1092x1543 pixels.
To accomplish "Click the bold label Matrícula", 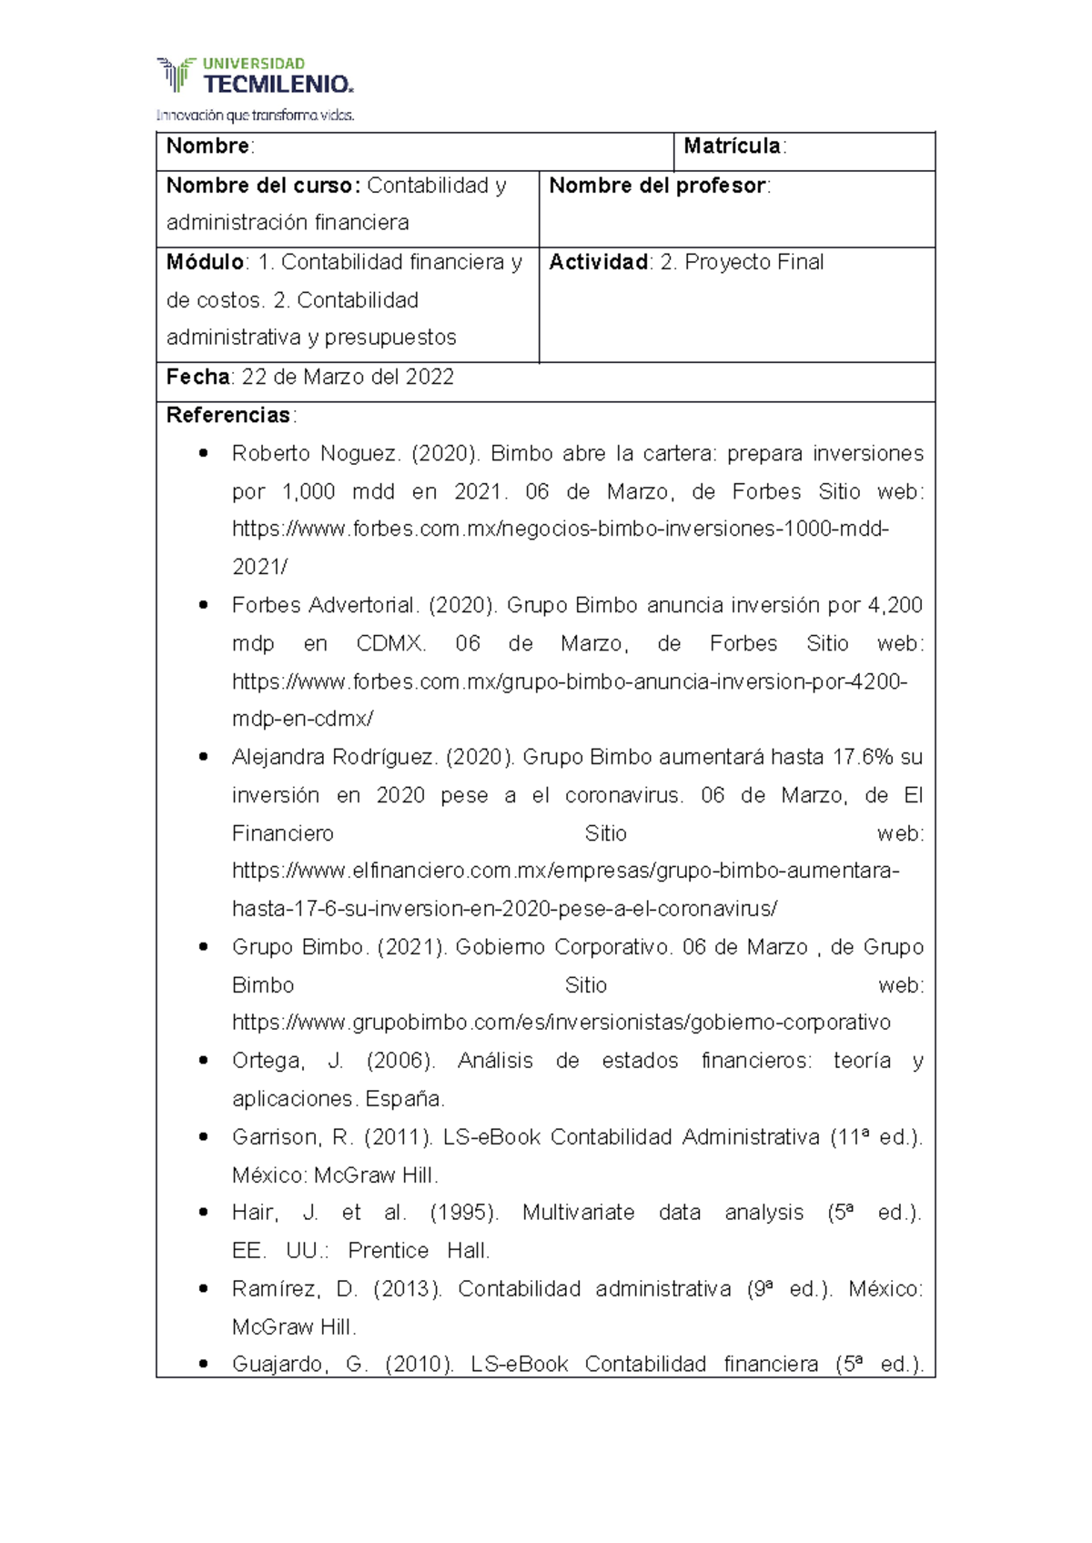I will (x=732, y=146).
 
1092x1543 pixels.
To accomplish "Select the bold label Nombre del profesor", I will (x=657, y=186).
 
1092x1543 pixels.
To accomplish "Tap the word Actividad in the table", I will (x=598, y=262).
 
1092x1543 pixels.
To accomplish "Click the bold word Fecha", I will (x=197, y=377).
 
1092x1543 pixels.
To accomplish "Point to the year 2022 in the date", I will (x=430, y=377).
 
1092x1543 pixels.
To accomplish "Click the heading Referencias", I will (x=227, y=416).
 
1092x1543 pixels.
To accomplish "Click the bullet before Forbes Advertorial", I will (x=203, y=605).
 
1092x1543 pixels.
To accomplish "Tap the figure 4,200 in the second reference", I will (x=895, y=605).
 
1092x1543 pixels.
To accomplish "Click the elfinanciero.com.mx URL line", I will (x=564, y=871).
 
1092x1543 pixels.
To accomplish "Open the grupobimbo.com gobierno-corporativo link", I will (x=561, y=1023).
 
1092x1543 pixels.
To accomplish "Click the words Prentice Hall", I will (x=419, y=1251).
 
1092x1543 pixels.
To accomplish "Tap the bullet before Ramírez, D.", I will (x=203, y=1288).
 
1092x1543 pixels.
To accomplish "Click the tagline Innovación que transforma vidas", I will (x=255, y=116).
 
